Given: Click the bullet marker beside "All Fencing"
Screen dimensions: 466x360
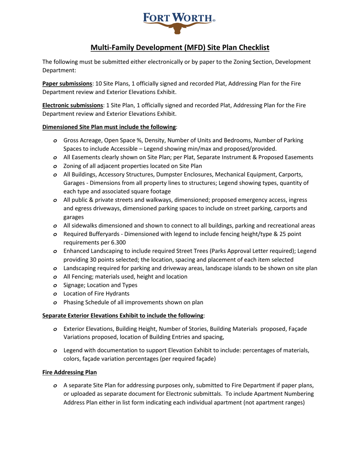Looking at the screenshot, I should point(55,277).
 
